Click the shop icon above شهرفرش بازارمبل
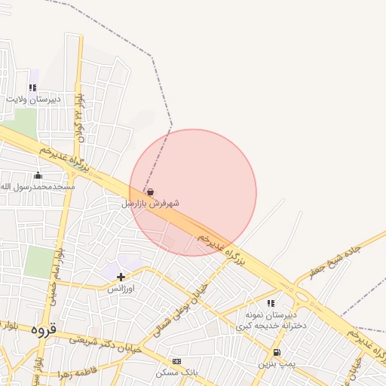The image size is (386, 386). tap(150, 191)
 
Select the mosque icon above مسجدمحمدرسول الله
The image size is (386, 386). tap(38, 176)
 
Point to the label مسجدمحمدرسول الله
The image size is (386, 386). tap(38, 186)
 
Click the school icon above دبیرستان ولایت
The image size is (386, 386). tap(32, 87)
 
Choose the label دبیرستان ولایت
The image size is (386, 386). tap(34, 99)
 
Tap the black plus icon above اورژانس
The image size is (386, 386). tap(121, 277)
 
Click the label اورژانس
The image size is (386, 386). tap(121, 289)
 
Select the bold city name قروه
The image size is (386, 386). tap(43, 330)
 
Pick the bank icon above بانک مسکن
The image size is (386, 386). tap(176, 362)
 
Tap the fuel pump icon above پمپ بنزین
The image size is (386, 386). tap(277, 352)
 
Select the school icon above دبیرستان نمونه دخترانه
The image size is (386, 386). tap(271, 303)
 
